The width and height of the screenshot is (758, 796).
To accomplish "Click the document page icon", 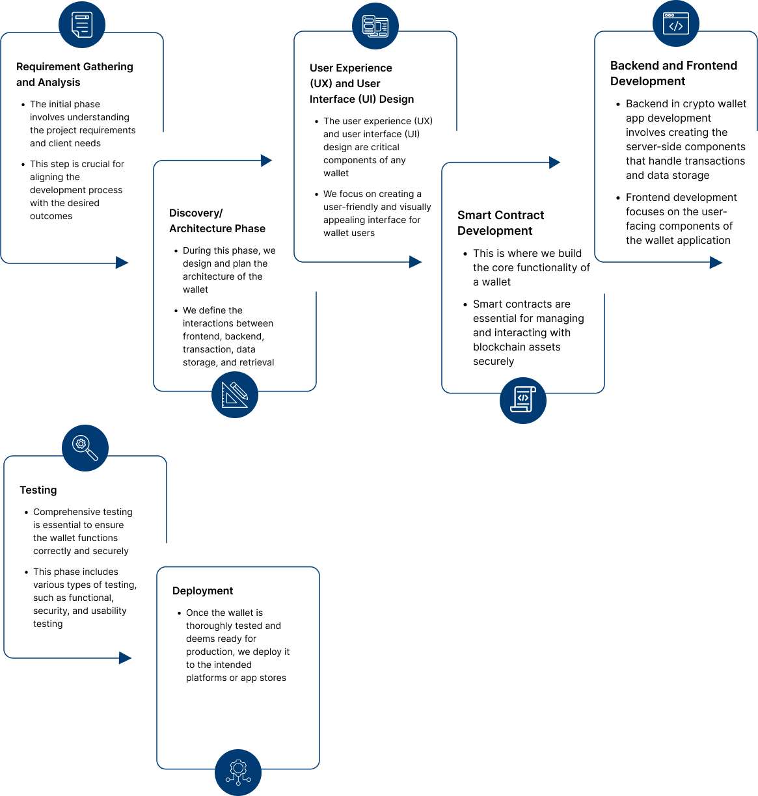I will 82,25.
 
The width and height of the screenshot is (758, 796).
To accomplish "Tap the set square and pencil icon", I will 235,395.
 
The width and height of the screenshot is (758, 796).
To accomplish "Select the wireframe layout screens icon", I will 375,26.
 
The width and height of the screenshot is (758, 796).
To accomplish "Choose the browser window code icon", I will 676,23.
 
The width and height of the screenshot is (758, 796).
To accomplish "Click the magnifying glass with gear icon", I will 85,448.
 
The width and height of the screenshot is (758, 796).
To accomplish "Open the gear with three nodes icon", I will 238,773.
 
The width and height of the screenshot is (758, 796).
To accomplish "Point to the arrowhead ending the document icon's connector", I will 122,263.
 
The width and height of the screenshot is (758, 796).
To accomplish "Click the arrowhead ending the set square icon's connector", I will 267,161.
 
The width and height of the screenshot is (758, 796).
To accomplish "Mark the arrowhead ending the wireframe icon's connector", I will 416,262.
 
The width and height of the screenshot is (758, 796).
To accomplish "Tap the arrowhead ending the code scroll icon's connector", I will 555,163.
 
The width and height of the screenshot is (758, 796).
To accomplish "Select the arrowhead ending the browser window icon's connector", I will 716,263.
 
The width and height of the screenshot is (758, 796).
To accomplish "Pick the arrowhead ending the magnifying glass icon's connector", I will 126,658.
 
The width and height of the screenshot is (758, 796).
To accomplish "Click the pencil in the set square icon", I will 239,391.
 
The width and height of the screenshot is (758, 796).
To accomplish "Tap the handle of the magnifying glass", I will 92,455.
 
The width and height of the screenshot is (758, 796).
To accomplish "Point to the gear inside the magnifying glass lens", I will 81,444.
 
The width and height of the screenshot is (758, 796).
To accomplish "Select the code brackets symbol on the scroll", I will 523,398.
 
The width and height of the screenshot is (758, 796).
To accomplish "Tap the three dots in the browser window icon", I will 668,15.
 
